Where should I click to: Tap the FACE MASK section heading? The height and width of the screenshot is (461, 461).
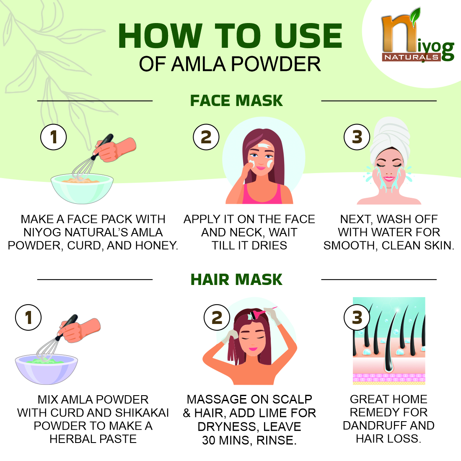[x=236, y=101]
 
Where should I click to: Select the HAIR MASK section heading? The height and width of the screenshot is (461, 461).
[x=236, y=279]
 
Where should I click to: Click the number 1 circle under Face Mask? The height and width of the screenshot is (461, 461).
[x=54, y=137]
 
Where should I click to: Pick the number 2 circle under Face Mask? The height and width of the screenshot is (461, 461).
[x=206, y=137]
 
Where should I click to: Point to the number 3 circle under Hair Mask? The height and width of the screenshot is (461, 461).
[x=357, y=318]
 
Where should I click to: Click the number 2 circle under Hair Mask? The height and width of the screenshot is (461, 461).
[x=217, y=318]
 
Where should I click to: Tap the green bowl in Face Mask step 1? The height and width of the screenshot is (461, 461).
[x=82, y=189]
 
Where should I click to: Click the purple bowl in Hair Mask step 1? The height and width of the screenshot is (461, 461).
[x=47, y=369]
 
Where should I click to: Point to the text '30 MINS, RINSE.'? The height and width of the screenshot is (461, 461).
[x=249, y=440]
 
